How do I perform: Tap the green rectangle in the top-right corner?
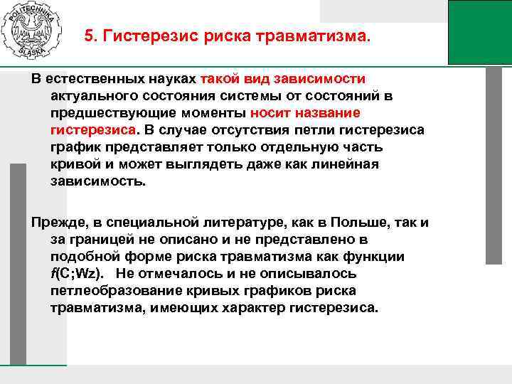[x=480, y=32]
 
